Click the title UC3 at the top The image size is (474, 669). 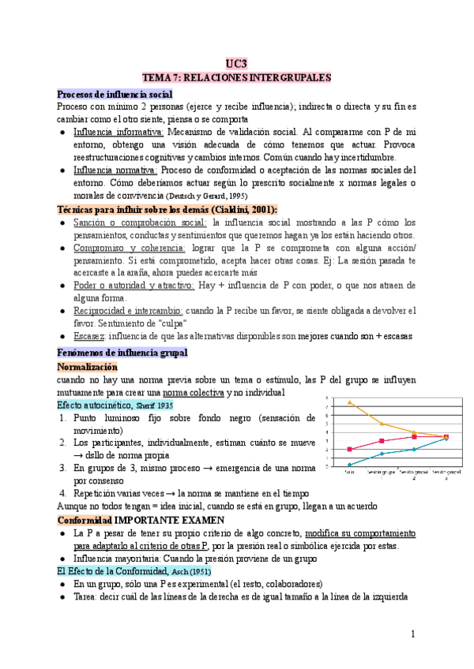(x=236, y=63)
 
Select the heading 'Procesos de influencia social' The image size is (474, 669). (x=109, y=93)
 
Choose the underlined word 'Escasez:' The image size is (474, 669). (x=92, y=336)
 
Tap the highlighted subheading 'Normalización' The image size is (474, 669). (x=88, y=367)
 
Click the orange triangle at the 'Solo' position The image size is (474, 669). (x=350, y=402)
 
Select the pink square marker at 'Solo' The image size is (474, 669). (x=350, y=449)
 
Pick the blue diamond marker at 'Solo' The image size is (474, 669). (x=350, y=464)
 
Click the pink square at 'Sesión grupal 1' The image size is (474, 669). (x=382, y=440)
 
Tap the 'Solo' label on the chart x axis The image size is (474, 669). (x=349, y=473)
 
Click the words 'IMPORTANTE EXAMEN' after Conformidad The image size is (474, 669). (x=169, y=521)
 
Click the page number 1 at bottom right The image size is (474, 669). (x=412, y=635)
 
